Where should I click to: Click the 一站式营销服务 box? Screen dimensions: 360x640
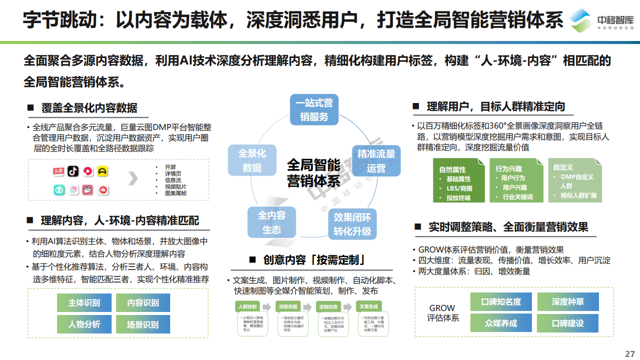[314, 110]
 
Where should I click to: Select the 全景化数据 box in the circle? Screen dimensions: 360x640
[252, 160]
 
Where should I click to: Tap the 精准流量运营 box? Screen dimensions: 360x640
[376, 160]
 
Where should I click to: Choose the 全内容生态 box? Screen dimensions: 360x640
[272, 222]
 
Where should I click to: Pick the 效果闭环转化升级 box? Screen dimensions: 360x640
[352, 224]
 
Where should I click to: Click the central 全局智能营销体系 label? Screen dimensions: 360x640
[314, 172]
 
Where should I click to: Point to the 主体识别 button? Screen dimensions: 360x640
[84, 302]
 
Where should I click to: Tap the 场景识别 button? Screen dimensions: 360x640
[143, 324]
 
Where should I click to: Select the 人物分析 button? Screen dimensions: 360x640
[84, 324]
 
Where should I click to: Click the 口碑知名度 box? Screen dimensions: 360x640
[501, 301]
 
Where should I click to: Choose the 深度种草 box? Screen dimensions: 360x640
[568, 301]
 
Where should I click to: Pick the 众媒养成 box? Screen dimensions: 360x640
[501, 323]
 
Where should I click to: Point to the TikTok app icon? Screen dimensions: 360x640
[74, 171]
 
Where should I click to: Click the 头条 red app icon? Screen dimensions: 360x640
[59, 171]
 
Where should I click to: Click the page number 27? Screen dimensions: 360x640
[629, 353]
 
